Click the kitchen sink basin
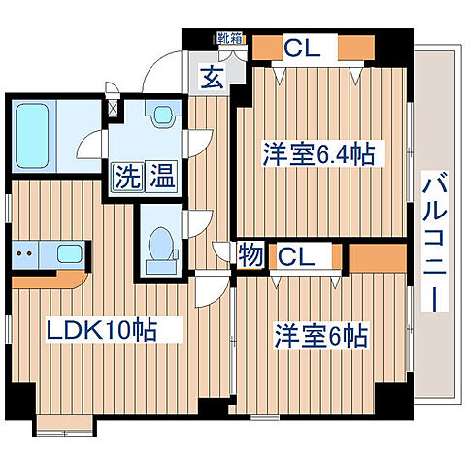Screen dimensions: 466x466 tap(69, 255)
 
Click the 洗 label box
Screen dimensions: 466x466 tap(125, 178)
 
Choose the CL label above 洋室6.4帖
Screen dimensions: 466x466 tap(297, 46)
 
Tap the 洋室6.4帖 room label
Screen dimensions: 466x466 tap(319, 153)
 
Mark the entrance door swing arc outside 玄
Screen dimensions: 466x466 tap(160, 73)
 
